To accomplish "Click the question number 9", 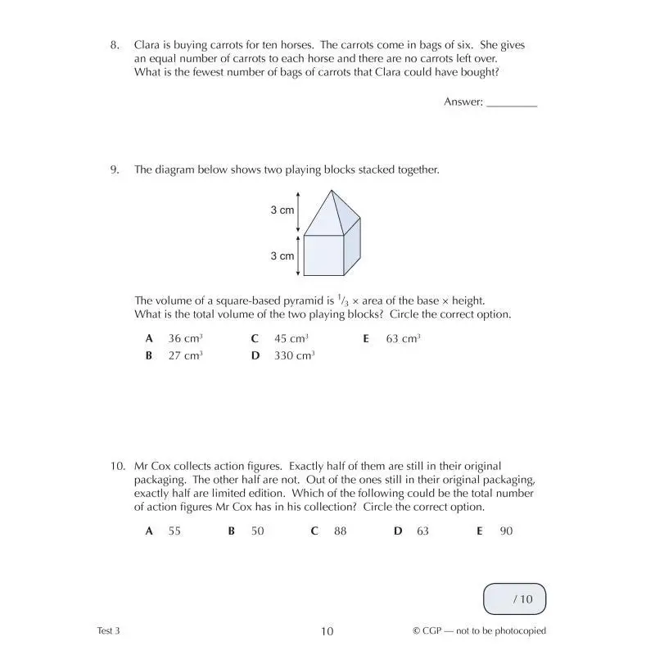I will click(115, 170).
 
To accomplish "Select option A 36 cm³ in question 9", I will click(174, 338).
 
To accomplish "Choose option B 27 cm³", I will click(174, 355).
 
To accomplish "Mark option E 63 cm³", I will click(391, 338).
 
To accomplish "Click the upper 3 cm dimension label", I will click(282, 210).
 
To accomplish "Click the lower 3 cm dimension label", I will click(282, 256).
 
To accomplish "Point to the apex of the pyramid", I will click(332, 191).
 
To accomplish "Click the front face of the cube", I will click(324, 257).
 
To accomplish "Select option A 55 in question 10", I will click(164, 531).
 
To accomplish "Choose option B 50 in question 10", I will click(247, 531).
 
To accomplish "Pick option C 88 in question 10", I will click(330, 531).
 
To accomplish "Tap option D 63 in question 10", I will click(413, 531).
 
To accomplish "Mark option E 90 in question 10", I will click(496, 531).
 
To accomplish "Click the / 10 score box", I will click(514, 599).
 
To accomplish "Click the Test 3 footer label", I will click(108, 630).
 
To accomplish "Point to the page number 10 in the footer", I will click(327, 630).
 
